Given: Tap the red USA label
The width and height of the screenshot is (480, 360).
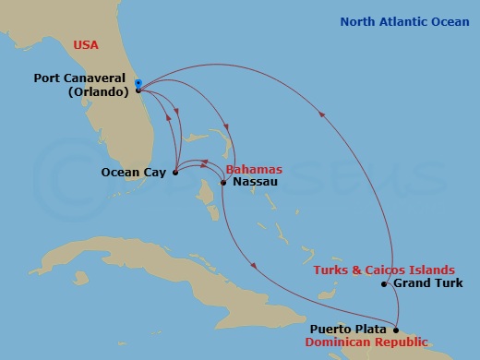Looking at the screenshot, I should (x=86, y=43).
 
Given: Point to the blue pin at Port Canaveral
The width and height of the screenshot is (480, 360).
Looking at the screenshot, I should (x=138, y=84).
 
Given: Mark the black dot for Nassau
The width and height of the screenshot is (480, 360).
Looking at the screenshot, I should (x=223, y=183).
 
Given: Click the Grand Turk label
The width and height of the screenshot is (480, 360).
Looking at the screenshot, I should (x=424, y=283).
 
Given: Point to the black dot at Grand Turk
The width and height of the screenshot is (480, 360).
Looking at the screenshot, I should (x=383, y=284).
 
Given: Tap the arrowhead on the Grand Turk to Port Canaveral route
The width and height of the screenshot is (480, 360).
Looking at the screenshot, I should (x=322, y=114).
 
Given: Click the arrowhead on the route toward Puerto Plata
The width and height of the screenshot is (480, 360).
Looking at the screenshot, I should (x=254, y=269).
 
